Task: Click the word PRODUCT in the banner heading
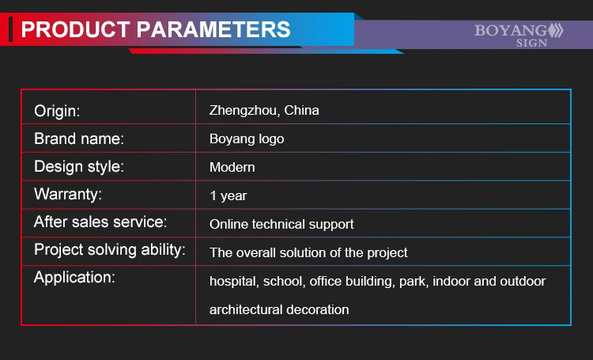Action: click(x=76, y=29)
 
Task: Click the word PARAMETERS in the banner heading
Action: click(x=213, y=29)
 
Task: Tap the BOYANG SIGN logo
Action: click(x=519, y=35)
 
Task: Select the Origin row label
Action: click(x=57, y=111)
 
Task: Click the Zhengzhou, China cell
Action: click(x=264, y=110)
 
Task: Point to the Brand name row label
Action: click(x=79, y=138)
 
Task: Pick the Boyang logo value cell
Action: click(x=247, y=139)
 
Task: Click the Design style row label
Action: click(x=79, y=167)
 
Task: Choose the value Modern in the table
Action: click(x=232, y=167)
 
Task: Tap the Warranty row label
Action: click(x=68, y=194)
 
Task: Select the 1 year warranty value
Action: click(x=228, y=195)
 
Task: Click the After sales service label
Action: click(x=100, y=222)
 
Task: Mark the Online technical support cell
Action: click(x=281, y=224)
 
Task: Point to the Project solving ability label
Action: click(x=110, y=250)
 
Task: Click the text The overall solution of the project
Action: click(x=308, y=252)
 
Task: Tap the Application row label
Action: click(x=74, y=278)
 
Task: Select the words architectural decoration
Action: click(x=279, y=309)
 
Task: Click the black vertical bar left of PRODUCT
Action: click(x=10, y=29)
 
